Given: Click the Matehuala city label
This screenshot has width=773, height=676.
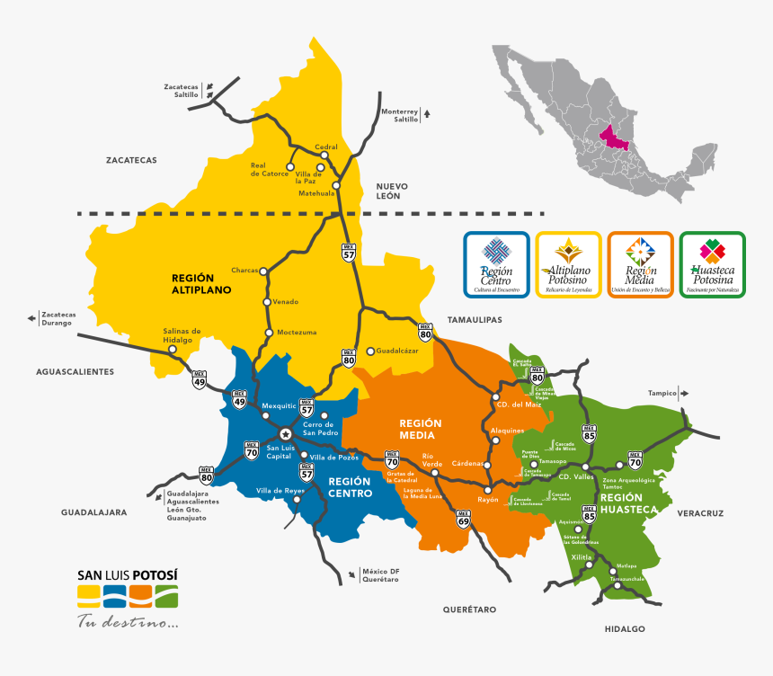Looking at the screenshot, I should [x=316, y=192].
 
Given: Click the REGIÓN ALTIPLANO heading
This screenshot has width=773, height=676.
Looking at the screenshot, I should [x=201, y=284].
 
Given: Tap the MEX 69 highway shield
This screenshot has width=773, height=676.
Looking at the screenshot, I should [x=464, y=520].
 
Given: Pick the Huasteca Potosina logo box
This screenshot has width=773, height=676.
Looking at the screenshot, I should [x=713, y=263].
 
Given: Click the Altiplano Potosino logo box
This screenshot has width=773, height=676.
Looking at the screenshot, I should [x=568, y=263].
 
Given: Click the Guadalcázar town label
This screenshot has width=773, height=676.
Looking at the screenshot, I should [x=398, y=351].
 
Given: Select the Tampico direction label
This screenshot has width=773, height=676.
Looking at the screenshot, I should [x=661, y=393].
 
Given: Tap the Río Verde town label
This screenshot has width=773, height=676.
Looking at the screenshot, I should [x=433, y=460].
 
